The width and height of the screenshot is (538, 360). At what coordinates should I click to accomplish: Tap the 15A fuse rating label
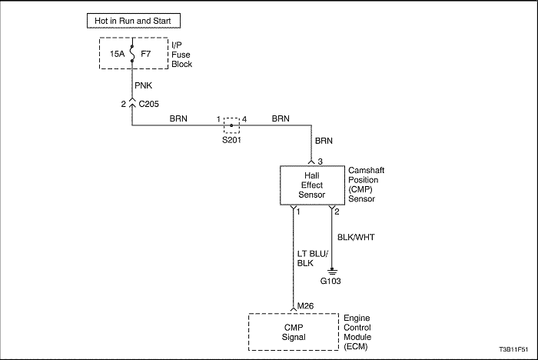click(118, 54)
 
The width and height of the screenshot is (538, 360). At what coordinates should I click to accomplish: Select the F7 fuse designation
click(146, 54)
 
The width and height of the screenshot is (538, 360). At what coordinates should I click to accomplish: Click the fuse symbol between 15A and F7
click(132, 54)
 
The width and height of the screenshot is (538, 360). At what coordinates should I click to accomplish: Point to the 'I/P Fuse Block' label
click(181, 55)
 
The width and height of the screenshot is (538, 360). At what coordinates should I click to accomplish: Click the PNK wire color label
click(144, 85)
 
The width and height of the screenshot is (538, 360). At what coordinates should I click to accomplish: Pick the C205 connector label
click(148, 104)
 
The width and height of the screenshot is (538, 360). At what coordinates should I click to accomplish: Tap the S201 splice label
click(231, 140)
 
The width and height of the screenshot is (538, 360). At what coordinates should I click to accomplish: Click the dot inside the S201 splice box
click(231, 125)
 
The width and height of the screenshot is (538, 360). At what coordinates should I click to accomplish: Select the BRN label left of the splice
click(178, 118)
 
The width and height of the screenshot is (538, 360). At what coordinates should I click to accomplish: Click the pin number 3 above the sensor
click(320, 162)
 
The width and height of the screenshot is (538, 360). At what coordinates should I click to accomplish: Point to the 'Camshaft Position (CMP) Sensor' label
click(366, 185)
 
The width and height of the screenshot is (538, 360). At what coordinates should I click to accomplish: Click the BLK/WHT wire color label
click(356, 237)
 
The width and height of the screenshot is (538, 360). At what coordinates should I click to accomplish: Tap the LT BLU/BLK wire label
click(313, 258)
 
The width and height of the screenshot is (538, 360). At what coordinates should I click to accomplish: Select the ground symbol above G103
click(332, 272)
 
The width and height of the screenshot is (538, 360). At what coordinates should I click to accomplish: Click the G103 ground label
click(330, 281)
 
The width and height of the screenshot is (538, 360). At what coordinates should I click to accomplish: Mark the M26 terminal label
click(305, 305)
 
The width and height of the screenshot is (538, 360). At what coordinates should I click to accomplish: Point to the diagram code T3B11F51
click(513, 350)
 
